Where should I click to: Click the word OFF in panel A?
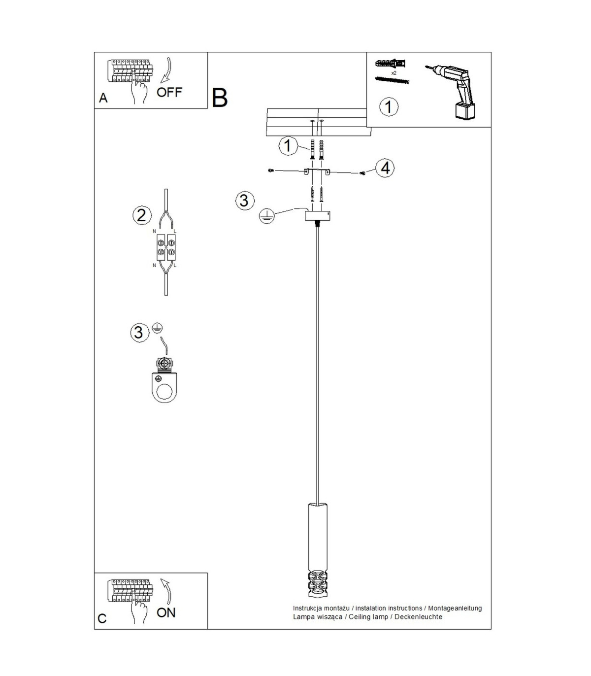click(169, 92)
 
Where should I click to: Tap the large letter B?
click(220, 98)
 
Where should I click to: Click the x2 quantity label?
click(394, 73)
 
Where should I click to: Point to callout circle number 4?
click(385, 168)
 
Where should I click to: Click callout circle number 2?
click(142, 215)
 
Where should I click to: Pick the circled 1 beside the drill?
click(389, 107)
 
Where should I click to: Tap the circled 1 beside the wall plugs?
click(288, 146)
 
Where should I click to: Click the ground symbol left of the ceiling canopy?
click(267, 216)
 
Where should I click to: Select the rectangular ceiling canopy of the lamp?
click(317, 216)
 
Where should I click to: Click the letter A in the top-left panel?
click(103, 98)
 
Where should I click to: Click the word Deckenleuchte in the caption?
click(418, 616)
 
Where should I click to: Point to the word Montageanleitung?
click(455, 608)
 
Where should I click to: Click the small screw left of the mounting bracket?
click(271, 170)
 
